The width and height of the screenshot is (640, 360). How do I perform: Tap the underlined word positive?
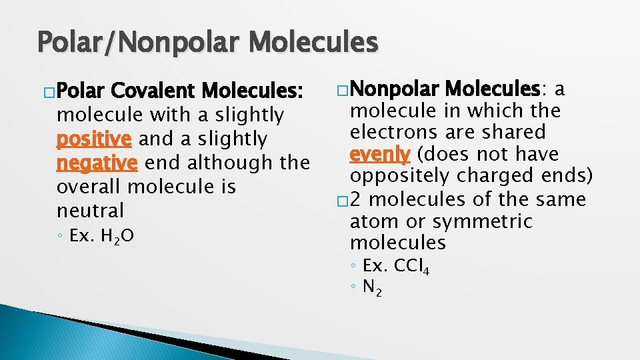coord(95,139)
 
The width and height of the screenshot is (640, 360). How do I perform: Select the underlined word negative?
coord(97,163)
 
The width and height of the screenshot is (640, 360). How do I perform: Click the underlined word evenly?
coord(380,154)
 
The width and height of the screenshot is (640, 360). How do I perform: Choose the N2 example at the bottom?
coord(372,288)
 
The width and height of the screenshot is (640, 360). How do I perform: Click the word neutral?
coord(91,211)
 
